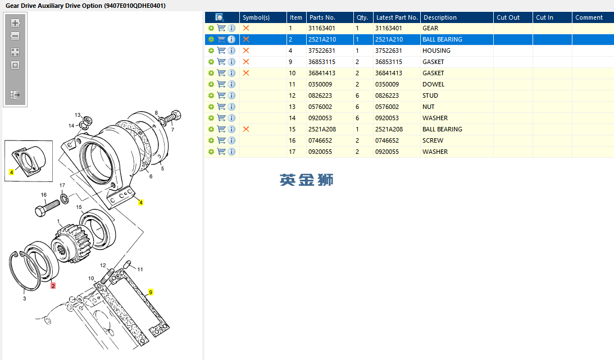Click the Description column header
pos(440,17)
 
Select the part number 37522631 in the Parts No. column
pos(321,51)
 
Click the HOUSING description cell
pos(436,51)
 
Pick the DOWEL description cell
pos(433,84)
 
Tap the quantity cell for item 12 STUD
pos(357,95)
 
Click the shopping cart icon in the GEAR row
pos(221,28)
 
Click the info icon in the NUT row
pos(231,107)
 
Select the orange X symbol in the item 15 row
pos(246,129)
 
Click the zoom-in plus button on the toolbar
pos(15,23)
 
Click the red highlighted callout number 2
pos(53,285)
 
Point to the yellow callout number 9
pos(151,292)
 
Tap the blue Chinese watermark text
pos(307,180)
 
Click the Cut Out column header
pos(508,17)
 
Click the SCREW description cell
pos(433,140)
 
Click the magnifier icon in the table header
pos(220,17)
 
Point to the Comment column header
pos(589,17)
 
